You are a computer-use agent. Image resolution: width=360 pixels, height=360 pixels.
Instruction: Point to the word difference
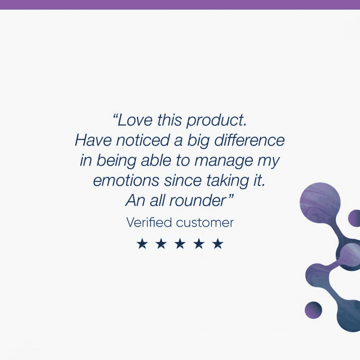249,140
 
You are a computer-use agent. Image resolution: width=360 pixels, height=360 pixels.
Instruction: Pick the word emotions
126,181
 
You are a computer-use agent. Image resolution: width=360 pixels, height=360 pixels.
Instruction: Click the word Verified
149,222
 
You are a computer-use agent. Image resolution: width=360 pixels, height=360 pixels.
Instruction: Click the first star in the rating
141,244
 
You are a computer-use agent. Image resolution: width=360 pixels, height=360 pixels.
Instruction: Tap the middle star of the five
180,244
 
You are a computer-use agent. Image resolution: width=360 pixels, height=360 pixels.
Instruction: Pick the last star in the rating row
218,244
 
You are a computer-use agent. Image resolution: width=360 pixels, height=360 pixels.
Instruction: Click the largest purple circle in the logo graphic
320,202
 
